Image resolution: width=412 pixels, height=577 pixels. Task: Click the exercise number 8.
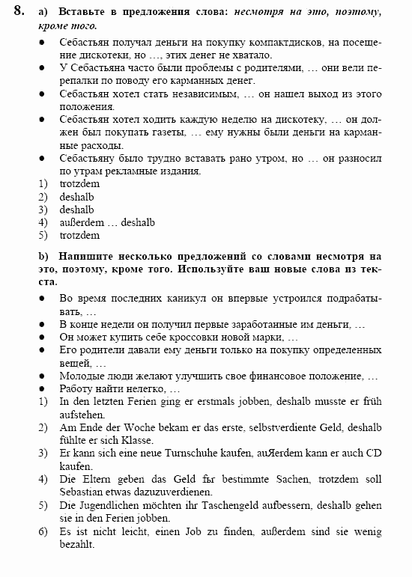[x=19, y=10]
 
